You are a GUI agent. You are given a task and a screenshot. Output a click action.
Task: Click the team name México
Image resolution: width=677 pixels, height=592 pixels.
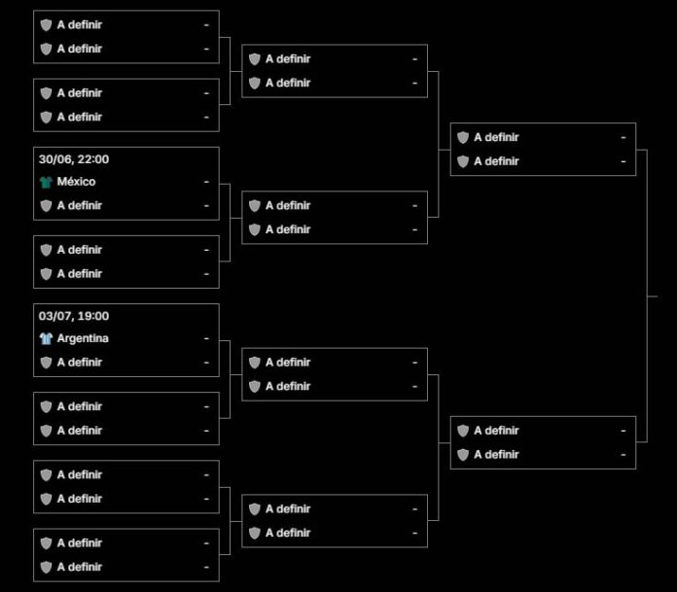point(76,182)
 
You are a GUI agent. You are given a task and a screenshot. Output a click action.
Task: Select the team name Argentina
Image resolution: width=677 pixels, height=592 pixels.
point(83,338)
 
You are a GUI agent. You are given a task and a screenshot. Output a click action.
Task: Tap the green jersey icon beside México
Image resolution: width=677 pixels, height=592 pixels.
point(46,182)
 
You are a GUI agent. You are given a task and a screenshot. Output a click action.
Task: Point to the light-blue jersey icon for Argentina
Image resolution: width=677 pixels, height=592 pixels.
point(46,338)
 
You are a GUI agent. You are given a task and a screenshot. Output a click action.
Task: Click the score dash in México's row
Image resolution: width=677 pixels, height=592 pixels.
point(206,182)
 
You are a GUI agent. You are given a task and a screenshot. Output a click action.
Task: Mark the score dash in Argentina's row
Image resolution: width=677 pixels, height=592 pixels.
point(206,338)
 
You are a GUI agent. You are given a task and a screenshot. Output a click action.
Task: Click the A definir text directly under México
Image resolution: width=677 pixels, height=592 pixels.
point(80,205)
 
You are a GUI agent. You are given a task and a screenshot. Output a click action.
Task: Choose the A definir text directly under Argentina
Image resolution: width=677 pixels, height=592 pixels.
point(80,362)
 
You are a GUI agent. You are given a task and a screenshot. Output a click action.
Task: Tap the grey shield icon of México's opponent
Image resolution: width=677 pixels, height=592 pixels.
point(46,206)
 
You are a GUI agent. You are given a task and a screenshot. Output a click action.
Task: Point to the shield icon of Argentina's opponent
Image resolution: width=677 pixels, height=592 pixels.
point(46,363)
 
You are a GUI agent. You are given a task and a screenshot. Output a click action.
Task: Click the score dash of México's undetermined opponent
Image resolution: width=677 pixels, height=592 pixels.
point(206,206)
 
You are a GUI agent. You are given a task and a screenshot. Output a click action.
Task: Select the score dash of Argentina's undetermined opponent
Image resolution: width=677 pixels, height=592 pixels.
point(206,363)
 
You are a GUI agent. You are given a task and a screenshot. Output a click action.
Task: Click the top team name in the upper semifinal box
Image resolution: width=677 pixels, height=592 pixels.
point(496,137)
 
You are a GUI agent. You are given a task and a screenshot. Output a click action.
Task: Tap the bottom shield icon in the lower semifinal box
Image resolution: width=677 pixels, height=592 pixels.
point(463,455)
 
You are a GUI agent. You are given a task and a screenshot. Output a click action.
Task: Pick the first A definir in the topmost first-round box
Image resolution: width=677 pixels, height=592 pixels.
point(80,24)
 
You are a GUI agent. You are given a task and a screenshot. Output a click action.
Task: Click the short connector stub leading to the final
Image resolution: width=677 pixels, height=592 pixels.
point(653,296)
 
